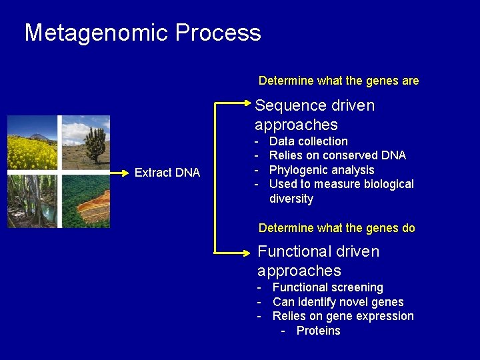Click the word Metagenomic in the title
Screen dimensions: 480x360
tap(96, 33)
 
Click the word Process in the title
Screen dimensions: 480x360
tap(218, 32)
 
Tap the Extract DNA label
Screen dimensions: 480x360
tap(167, 173)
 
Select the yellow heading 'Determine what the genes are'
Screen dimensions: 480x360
tap(339, 81)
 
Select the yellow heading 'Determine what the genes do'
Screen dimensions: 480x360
tap(337, 228)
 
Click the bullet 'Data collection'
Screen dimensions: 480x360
tap(308, 141)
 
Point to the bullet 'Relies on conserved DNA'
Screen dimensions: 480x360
tap(337, 155)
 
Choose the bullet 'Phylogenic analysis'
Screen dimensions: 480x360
tap(322, 170)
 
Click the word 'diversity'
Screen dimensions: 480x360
tap(291, 199)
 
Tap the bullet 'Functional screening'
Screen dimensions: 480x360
tap(327, 287)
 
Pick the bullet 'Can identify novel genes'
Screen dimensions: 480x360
tap(338, 302)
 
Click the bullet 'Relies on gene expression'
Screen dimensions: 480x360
tap(343, 316)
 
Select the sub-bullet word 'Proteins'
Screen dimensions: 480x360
tap(319, 331)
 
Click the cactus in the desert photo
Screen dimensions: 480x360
tap(95, 144)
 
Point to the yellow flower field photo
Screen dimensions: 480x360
tap(32, 143)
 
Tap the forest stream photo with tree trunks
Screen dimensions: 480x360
tap(32, 201)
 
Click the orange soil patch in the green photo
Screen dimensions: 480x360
tap(94, 205)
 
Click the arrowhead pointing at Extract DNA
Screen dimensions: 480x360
tap(125, 173)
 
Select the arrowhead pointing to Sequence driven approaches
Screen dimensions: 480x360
tap(247, 103)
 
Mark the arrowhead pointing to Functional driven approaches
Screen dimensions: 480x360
tap(247, 253)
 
